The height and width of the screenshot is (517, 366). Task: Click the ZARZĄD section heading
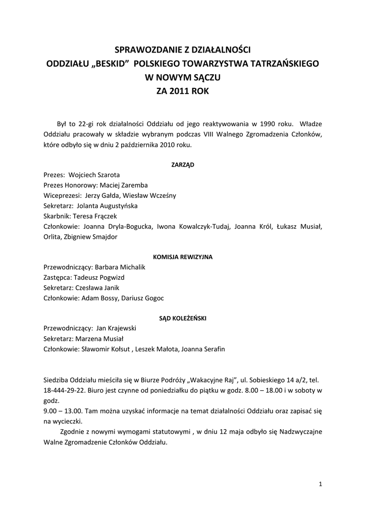click(183, 165)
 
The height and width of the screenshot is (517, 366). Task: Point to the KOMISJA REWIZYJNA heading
click(183, 257)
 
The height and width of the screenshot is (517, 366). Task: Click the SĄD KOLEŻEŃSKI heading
click(183, 318)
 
